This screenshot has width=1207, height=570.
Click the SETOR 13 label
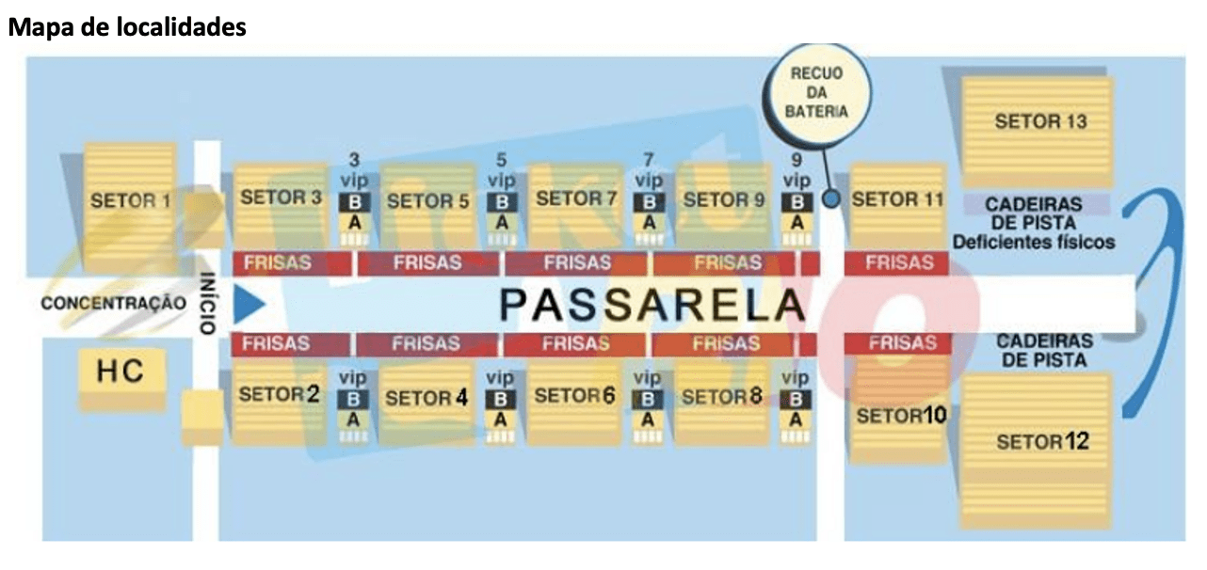click(1039, 121)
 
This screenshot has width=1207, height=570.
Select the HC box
click(121, 372)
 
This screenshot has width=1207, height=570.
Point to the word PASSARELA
click(652, 304)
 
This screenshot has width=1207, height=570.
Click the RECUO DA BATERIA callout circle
click(818, 91)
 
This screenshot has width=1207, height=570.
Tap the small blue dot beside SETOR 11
click(830, 199)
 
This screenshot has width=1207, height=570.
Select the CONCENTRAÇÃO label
click(114, 303)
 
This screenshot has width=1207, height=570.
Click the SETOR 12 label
click(1042, 441)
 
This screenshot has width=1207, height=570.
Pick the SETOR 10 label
click(901, 415)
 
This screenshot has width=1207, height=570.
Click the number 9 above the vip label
click(797, 161)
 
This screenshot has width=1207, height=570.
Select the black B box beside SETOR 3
click(354, 202)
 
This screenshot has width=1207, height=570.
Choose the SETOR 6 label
click(574, 396)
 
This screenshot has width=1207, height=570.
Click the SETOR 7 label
click(576, 199)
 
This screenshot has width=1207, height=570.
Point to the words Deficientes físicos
click(1033, 242)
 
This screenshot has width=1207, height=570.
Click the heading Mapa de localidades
click(127, 27)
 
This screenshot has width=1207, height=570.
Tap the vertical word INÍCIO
click(206, 304)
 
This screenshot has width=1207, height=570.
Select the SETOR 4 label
click(426, 398)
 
